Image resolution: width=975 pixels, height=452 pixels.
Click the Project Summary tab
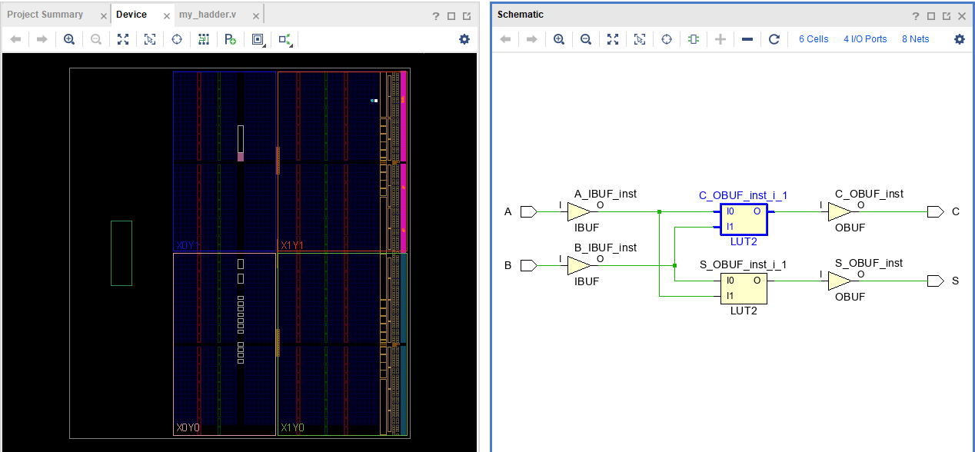pos(45,15)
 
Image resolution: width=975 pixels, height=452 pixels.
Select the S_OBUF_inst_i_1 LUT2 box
pos(744,288)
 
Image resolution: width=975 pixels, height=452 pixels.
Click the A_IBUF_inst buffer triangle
pos(578,212)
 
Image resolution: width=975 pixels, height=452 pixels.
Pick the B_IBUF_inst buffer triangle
pos(578,266)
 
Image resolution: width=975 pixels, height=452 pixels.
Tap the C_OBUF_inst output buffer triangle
pos(839,212)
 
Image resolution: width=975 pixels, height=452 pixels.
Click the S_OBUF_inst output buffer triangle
pos(839,281)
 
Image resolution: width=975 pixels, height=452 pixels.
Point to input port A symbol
pos(529,212)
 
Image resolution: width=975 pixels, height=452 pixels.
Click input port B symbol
pos(529,266)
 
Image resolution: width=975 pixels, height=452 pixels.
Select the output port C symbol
pos(935,212)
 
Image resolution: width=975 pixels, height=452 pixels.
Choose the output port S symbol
pos(935,281)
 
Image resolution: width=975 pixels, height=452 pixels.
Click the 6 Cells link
pos(814,39)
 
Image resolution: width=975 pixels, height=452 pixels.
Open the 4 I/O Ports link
pos(865,39)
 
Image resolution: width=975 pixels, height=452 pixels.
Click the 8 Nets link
pos(915,39)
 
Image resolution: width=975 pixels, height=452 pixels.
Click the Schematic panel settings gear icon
pos(959,39)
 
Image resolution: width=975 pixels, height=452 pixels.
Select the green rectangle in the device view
pos(121,253)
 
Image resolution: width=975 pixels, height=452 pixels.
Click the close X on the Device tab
pos(167,15)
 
